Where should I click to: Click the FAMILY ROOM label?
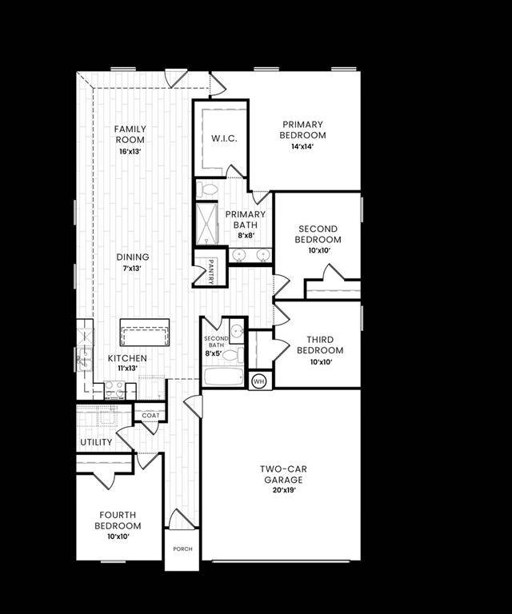[129, 134]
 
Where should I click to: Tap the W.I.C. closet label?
[223, 138]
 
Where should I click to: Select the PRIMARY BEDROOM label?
[302, 130]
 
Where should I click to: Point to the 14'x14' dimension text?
[302, 146]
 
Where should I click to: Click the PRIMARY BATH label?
[239, 219]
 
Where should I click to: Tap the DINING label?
[132, 257]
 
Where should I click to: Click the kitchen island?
[145, 332]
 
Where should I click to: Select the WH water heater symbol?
[258, 381]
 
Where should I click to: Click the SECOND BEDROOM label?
[317, 234]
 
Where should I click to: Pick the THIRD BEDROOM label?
[320, 345]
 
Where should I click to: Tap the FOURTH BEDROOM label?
[118, 520]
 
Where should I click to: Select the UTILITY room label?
[96, 442]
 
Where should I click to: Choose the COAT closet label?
[150, 416]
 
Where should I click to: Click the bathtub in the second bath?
[222, 377]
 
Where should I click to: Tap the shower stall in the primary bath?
[207, 223]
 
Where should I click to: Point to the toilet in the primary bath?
[209, 189]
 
